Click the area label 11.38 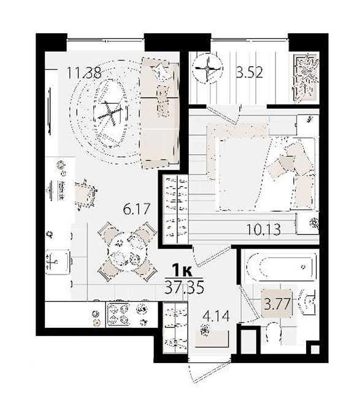[x=84, y=73]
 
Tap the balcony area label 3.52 [x=250, y=72]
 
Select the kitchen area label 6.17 [x=137, y=209]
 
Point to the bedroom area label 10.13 [x=263, y=229]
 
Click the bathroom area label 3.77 [x=277, y=304]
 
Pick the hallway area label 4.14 [x=216, y=316]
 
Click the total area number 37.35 [x=184, y=288]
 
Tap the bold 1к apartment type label [x=182, y=271]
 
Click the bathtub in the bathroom [x=280, y=267]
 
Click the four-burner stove [x=118, y=314]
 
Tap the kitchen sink [x=57, y=263]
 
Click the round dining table [x=127, y=252]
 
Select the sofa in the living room [x=159, y=113]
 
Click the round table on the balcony [x=207, y=68]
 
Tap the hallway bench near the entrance [x=212, y=338]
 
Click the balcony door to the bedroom [x=222, y=115]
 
